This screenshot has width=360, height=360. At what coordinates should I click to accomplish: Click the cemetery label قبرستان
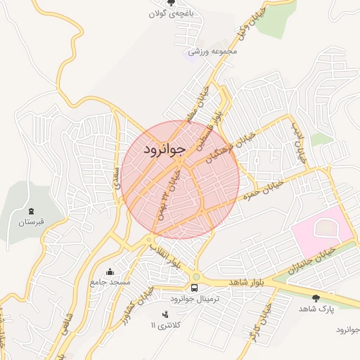coord(31,222)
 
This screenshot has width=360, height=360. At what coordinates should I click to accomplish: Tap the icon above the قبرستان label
coord(31,210)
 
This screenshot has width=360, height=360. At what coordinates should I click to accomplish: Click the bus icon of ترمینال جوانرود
coord(195,288)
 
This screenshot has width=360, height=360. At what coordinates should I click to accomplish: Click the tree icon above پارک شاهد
coord(316,298)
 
